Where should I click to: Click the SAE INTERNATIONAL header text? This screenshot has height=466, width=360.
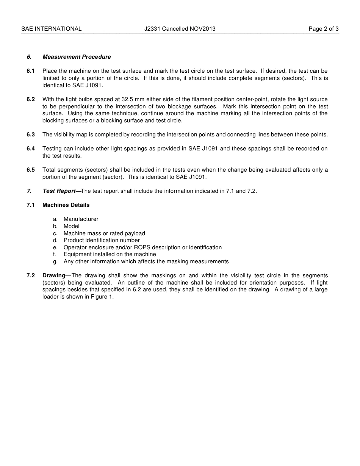[x=51, y=29]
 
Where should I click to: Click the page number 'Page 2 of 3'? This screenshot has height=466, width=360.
[x=323, y=29]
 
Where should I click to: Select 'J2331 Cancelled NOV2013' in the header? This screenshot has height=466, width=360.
[x=180, y=29]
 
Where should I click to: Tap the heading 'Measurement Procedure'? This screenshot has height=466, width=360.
[x=77, y=57]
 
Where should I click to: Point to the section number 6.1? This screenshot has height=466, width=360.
[x=31, y=71]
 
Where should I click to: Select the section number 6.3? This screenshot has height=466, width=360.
[x=31, y=134]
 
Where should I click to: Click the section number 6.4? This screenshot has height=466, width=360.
[x=31, y=149]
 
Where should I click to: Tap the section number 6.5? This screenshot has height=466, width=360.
[x=31, y=170]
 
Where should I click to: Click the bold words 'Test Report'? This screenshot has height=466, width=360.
[x=59, y=191]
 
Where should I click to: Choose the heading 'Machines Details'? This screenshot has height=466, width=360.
[x=66, y=205]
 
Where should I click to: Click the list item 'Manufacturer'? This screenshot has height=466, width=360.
[x=81, y=219]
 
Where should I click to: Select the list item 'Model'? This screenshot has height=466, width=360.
[x=71, y=226]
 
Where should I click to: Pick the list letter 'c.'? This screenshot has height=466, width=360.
[x=55, y=233]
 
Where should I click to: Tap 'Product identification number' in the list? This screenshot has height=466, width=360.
[x=102, y=240]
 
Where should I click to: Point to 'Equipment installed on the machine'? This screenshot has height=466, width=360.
[x=110, y=254]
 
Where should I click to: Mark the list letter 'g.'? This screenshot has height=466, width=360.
[x=55, y=261]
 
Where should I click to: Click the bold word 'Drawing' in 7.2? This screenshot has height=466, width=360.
[x=54, y=275]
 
